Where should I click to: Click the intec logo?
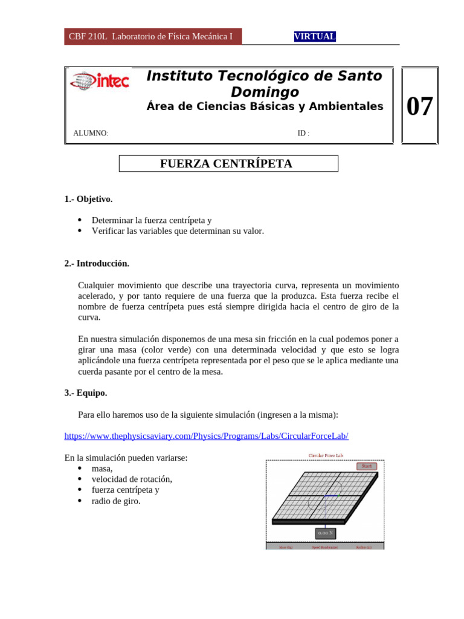click(x=100, y=81)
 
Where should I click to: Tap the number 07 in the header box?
click(x=419, y=106)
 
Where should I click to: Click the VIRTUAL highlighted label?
click(x=315, y=36)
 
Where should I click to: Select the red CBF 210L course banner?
click(x=153, y=36)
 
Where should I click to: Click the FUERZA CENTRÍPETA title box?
click(x=228, y=164)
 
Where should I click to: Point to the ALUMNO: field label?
click(x=91, y=133)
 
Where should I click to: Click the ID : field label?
click(x=303, y=133)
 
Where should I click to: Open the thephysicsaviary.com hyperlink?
click(x=206, y=436)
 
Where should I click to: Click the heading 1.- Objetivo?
click(x=88, y=199)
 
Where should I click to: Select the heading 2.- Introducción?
click(x=97, y=264)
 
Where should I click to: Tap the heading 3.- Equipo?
click(x=86, y=393)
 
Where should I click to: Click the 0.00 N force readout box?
click(x=326, y=533)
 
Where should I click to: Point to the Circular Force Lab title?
click(x=325, y=455)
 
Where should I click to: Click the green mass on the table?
click(x=340, y=495)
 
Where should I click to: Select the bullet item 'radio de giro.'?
click(x=116, y=501)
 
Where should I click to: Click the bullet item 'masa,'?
click(x=102, y=468)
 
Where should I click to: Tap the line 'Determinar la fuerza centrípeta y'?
click(x=152, y=221)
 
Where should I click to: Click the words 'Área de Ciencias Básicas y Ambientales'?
click(x=265, y=106)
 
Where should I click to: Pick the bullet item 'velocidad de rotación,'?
click(x=132, y=479)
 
